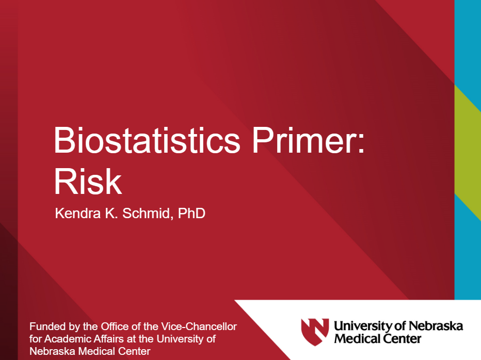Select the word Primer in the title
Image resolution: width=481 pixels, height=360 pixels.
(304, 140)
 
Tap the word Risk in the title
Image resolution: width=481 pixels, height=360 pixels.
(88, 182)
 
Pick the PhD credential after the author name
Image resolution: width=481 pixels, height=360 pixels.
(191, 214)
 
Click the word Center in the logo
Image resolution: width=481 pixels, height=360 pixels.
(402, 339)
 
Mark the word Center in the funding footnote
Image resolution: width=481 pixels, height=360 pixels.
(134, 351)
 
